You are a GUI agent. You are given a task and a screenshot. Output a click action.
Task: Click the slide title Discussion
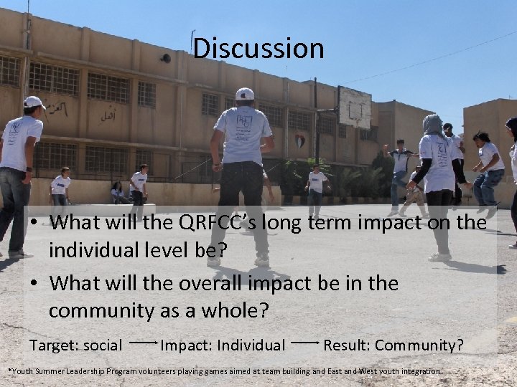coord(258,48)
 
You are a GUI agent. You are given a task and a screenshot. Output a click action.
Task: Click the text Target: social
coord(75,345)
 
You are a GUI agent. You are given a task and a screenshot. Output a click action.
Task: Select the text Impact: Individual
coord(223,345)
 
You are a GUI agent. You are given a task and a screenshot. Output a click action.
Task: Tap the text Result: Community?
coord(393,345)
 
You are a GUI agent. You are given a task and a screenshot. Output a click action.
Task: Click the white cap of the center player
coord(245,94)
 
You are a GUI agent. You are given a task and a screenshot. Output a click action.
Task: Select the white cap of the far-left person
coord(34,102)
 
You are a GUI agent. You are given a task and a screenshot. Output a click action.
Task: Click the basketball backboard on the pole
coord(354,107)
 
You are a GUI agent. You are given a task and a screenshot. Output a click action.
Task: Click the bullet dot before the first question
coord(34,224)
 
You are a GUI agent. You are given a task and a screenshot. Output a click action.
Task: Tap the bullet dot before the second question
coord(34,284)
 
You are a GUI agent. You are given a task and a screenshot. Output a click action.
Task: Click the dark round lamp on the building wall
coord(166,58)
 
